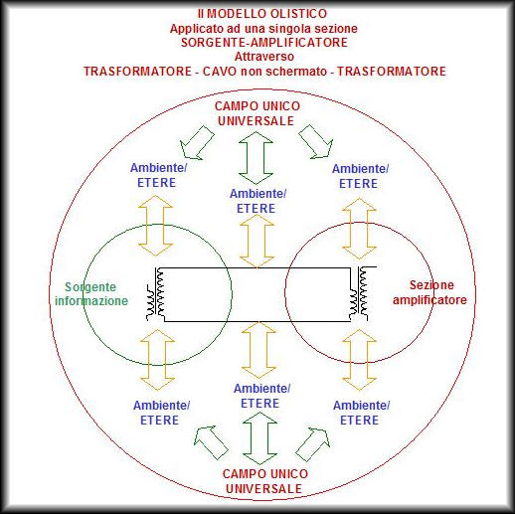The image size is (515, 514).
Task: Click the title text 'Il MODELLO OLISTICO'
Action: (262, 14)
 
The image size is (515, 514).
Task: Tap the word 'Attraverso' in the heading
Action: (264, 57)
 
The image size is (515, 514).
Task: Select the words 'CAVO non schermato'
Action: (264, 72)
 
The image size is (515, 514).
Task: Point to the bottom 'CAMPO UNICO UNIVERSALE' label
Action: (264, 481)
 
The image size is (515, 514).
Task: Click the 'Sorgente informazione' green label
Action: (91, 293)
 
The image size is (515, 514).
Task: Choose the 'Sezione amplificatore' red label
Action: (429, 292)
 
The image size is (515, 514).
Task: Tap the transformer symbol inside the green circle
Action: (156, 294)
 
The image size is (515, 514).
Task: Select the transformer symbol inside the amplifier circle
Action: (360, 293)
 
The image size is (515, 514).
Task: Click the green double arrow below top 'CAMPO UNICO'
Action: (256, 158)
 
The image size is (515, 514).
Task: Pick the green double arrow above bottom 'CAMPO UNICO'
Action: (259, 438)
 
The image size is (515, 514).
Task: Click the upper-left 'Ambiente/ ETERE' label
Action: (158, 175)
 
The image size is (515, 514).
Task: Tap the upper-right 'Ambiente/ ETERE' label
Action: (360, 176)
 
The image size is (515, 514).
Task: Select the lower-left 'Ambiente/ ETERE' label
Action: (161, 413)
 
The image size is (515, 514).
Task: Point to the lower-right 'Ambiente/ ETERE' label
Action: (361, 413)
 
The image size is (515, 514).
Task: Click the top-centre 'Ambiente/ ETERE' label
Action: (257, 201)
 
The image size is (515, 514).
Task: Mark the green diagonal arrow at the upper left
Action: (197, 143)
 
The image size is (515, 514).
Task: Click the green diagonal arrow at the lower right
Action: (313, 444)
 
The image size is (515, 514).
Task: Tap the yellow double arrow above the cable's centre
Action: (257, 241)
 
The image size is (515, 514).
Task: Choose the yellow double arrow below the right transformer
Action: (359, 360)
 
